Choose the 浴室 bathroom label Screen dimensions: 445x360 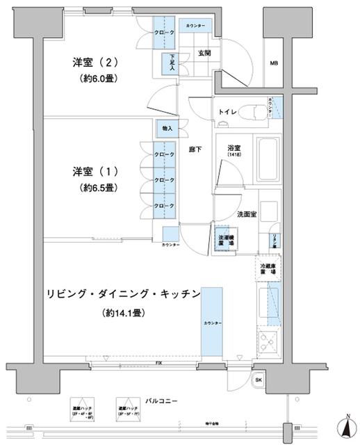tap(233, 148)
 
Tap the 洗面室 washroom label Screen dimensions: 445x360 tap(248, 214)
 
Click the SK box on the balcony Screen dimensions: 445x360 tap(258, 380)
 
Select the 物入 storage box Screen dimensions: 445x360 tap(167, 129)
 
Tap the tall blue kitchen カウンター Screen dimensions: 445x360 tap(211, 323)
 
